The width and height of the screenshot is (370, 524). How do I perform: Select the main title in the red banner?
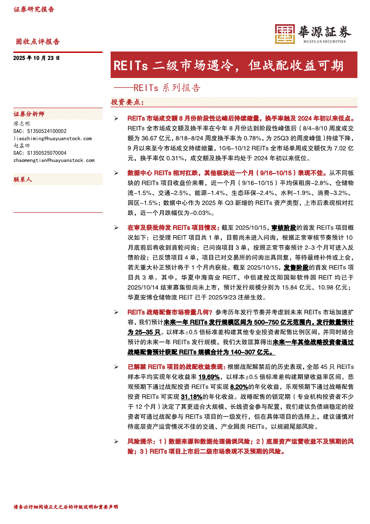pos(228,66)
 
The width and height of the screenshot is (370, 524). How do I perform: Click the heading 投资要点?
pos(127,102)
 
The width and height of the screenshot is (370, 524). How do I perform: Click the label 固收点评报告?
pos(38,42)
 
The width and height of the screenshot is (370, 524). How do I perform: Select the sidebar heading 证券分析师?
pos(29,114)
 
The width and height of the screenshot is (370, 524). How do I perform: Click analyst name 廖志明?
pos(22,123)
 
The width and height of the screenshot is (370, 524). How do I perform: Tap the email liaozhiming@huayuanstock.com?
pos(53,139)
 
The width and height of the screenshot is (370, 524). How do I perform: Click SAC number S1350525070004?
pos(40,153)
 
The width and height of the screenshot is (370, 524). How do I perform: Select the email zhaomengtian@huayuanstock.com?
pos(54,160)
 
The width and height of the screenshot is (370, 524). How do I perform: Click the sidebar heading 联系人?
pos(23,179)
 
